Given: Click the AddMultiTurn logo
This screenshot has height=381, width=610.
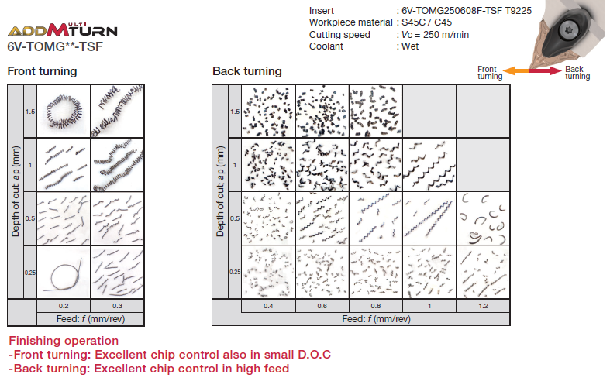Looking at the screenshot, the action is click(62, 30).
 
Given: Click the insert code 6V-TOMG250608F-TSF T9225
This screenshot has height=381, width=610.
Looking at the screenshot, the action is click(467, 11).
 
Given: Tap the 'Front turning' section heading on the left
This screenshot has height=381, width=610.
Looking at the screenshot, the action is click(42, 71).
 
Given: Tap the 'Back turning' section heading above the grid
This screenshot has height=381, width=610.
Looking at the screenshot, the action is click(247, 71).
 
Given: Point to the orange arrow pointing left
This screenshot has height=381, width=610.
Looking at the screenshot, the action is click(516, 70).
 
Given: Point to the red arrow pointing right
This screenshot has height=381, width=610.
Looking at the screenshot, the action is click(546, 70).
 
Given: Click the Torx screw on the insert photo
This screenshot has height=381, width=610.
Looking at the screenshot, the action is click(567, 30).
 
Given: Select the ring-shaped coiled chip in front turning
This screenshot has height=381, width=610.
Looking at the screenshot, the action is click(64, 112).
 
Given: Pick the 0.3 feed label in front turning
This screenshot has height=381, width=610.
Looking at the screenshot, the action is click(118, 306).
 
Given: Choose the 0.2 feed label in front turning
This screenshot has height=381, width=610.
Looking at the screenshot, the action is click(64, 306).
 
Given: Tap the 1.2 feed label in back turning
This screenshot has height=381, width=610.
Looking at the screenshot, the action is click(483, 306).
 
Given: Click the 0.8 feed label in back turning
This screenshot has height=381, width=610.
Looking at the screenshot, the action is click(376, 306).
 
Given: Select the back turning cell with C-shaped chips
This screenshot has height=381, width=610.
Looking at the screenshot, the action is click(483, 218).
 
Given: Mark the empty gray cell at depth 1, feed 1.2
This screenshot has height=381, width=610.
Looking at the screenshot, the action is click(483, 165).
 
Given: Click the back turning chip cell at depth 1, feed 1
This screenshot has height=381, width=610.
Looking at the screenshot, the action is click(429, 165).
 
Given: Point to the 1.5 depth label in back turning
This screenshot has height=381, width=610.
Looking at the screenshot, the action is click(235, 112).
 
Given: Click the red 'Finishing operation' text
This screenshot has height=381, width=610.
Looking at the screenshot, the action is click(64, 341).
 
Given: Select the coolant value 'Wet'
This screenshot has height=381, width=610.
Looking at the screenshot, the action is click(410, 46).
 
